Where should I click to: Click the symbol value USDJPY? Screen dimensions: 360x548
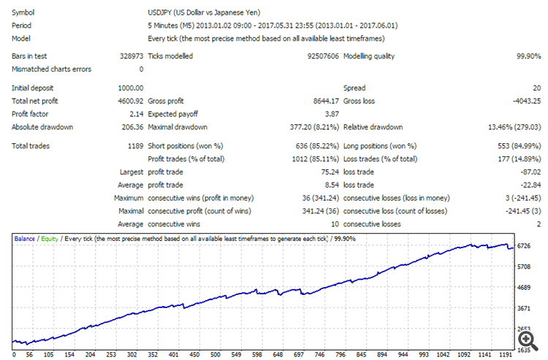click(x=162, y=13)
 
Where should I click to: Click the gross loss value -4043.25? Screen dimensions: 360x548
click(x=524, y=101)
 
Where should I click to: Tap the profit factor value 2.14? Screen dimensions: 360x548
click(x=136, y=114)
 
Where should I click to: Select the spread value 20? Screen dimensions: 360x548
click(x=536, y=88)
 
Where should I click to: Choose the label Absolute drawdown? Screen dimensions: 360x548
click(x=42, y=127)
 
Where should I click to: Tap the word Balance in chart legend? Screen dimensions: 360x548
click(x=25, y=239)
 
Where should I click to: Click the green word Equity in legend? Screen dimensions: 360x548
click(x=49, y=239)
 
